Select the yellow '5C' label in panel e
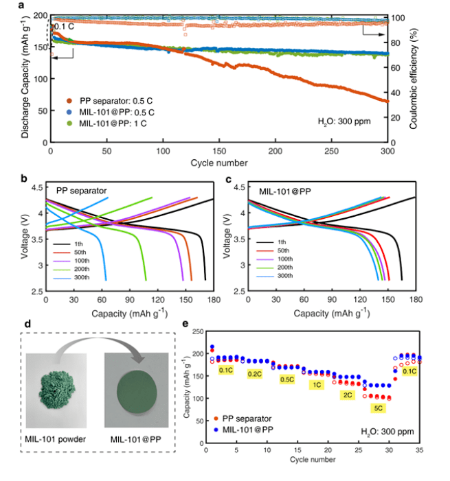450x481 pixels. click(378, 408)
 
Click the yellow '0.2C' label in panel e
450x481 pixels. click(254, 374)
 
